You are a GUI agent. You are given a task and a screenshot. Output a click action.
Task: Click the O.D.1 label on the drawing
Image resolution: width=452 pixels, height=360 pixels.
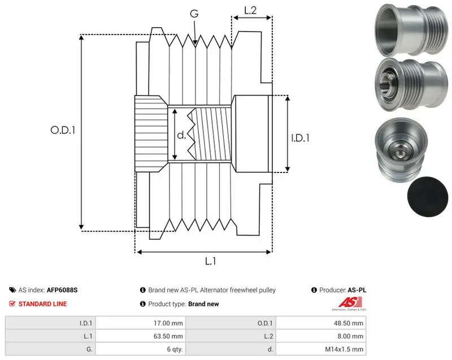coord(63,131)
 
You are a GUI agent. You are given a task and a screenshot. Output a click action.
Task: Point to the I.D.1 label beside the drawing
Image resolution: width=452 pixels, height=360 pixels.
coord(300,138)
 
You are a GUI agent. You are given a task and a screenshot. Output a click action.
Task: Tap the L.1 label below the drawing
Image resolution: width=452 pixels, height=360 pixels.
coord(210,261)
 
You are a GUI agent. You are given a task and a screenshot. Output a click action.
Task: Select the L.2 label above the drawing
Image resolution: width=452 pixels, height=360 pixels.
coord(250,10)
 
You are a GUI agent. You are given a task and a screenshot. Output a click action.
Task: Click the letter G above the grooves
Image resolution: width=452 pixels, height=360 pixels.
coord(194,14)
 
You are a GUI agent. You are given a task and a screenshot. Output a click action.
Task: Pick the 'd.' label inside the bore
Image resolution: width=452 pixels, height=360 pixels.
coord(181,135)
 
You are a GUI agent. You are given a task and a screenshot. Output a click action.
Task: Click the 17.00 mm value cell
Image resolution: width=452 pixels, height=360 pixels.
coord(168,323)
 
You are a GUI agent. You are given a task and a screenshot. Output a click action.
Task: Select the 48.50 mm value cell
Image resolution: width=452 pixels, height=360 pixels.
coord(349,323)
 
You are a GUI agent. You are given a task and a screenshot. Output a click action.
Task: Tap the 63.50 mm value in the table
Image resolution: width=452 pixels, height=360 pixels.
coord(168,336)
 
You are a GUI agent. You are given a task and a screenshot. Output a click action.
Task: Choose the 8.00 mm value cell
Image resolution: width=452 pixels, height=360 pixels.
coord(350,336)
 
